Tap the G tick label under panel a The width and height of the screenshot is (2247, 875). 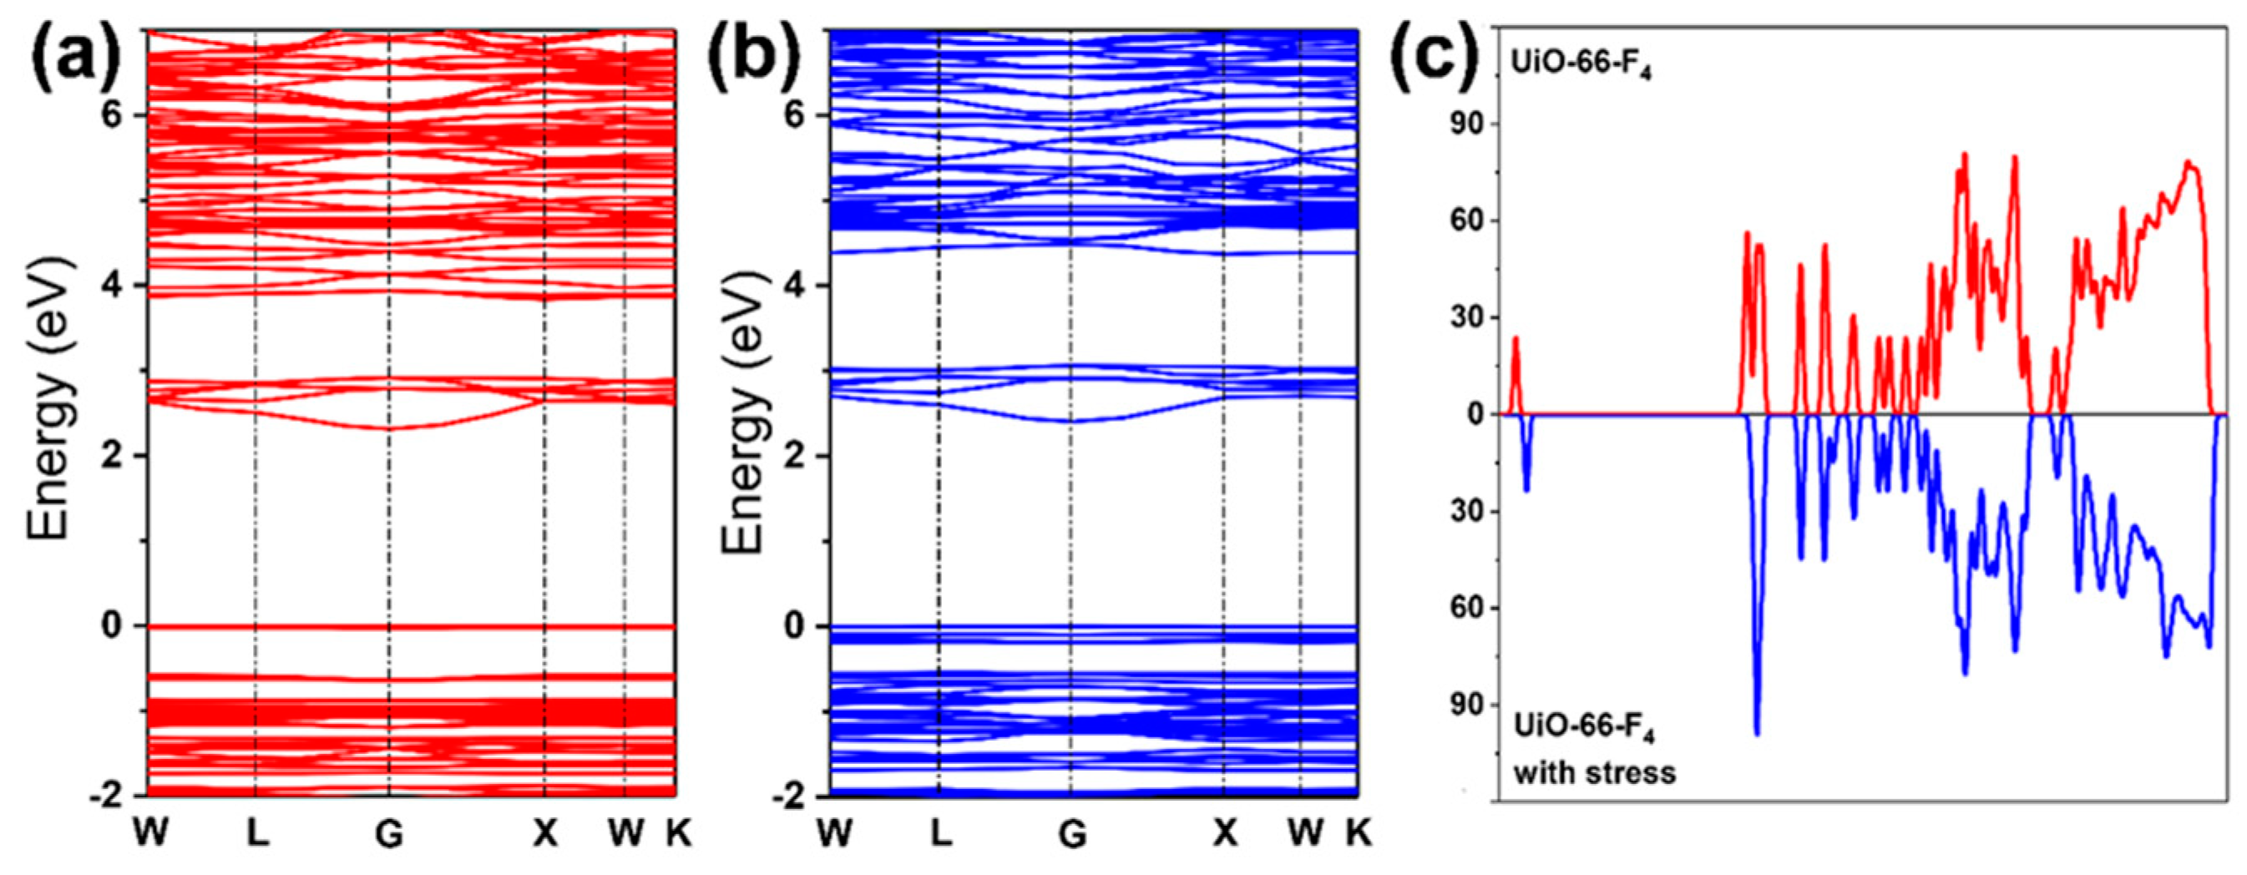389,834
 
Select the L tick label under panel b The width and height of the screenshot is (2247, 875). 939,834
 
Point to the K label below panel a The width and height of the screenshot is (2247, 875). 678,834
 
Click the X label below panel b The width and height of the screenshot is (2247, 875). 1225,834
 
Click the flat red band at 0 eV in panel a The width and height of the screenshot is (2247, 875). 410,626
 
